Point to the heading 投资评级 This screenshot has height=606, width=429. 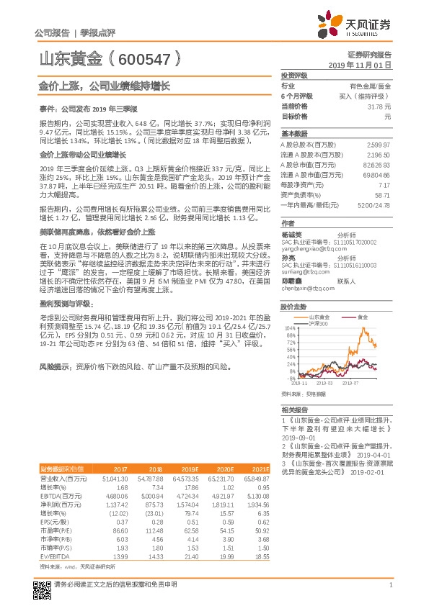[x=294, y=75]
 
